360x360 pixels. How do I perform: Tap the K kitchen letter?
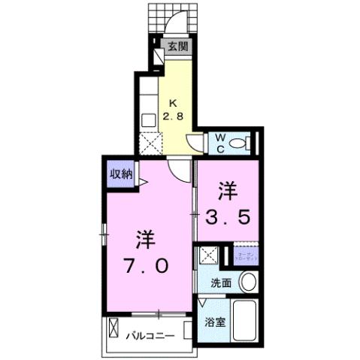[172, 103]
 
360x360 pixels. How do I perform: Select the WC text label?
[221, 142]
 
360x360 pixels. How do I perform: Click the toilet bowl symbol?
[240, 143]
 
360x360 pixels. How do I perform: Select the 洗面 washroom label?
[219, 283]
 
